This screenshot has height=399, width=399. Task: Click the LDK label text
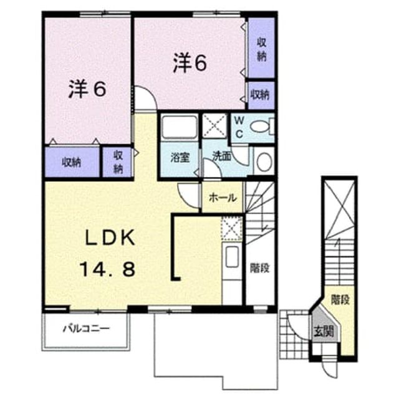110,238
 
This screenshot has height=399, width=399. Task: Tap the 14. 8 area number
108,270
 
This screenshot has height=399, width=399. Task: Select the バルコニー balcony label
86,329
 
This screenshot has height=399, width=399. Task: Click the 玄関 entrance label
324,331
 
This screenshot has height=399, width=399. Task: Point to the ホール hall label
223,198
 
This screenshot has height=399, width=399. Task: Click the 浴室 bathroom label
180,158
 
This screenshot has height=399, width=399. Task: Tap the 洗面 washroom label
222,156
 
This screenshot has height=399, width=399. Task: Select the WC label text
239,127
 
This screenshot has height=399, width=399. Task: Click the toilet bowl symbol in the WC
259,127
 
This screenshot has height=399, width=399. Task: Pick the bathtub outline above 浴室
180,127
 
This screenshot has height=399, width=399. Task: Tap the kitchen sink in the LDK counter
232,257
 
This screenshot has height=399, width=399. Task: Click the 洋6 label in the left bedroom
87,89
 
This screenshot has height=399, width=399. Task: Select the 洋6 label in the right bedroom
190,62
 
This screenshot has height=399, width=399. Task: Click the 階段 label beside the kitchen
259,268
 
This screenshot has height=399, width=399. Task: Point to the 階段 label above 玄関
340,300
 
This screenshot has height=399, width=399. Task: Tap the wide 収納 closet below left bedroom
72,162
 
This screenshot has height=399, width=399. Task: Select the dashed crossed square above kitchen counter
231,228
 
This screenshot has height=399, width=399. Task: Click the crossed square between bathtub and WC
214,126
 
